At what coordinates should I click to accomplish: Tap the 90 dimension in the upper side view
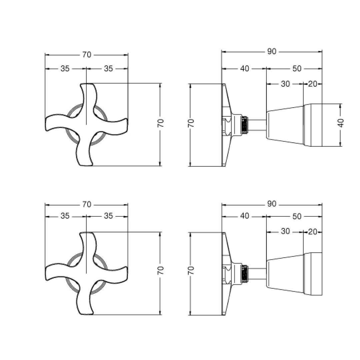(x=272, y=52)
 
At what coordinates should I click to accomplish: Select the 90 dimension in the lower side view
(x=272, y=204)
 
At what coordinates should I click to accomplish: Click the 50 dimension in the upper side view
(x=297, y=69)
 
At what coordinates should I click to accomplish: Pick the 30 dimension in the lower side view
(x=285, y=231)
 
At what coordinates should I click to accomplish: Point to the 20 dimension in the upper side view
(x=312, y=84)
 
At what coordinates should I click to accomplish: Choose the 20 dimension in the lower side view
(x=312, y=231)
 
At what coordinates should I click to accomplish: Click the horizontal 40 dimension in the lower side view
(x=245, y=216)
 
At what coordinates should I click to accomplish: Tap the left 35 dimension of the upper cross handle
(x=65, y=69)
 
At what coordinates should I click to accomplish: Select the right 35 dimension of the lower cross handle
(x=108, y=216)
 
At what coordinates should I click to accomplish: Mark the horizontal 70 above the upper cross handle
(x=87, y=55)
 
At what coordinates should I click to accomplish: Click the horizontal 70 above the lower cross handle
(x=87, y=205)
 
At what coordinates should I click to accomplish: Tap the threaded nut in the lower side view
(x=245, y=273)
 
